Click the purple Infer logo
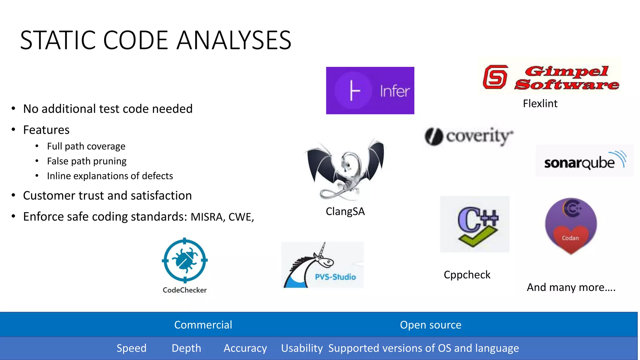pos(370,91)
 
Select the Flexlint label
pos(540,103)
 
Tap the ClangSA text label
pos(345,212)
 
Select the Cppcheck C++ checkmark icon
pos(475,224)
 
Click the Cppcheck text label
pos(467,275)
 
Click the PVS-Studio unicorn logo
pos(322,265)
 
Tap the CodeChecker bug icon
pos(185,260)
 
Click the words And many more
pos(571,287)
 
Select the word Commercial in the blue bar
pos(203,325)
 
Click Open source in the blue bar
pos(430,325)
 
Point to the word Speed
pos(131,348)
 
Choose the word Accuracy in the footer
pos(245,348)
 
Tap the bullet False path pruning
pos(87,161)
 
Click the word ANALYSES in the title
pos(234,40)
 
